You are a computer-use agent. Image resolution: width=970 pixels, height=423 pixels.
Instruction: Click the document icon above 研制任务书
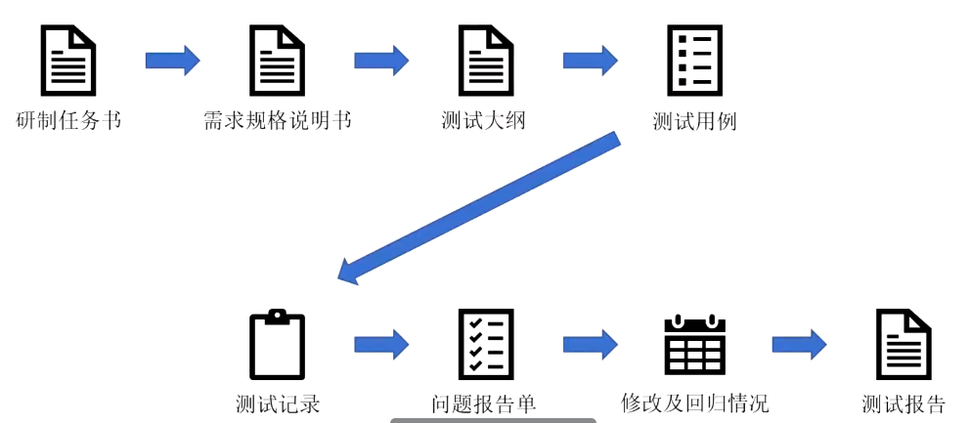coord(68,61)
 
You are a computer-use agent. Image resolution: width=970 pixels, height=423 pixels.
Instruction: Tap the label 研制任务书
coord(69,121)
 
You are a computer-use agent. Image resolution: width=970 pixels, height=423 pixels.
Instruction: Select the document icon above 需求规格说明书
coord(278,61)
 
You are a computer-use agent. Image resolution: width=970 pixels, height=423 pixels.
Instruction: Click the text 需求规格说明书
coord(278,121)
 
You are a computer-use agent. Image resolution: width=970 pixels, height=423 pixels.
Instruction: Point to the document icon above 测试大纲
coord(486,61)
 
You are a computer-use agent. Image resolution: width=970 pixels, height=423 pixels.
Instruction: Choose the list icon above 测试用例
coord(694,61)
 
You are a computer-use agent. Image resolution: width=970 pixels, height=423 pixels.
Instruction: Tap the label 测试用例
coord(694,121)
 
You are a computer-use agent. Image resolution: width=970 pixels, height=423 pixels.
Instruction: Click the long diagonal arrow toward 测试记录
coord(479,208)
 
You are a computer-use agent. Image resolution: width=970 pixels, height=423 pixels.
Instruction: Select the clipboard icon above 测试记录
coord(278,344)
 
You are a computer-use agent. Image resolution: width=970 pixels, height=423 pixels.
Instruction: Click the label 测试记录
coord(278,403)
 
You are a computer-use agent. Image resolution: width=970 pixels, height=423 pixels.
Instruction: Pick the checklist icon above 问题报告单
coord(486,344)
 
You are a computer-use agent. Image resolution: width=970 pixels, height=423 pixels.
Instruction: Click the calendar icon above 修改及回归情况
coord(694,344)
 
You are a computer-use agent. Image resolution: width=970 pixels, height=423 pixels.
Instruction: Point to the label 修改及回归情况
coord(694,403)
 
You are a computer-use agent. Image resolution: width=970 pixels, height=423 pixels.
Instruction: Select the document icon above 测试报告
coord(904,344)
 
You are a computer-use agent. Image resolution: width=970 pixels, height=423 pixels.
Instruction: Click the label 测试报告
coord(904,403)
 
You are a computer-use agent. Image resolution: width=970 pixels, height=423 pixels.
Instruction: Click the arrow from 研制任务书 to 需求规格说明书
coord(173,61)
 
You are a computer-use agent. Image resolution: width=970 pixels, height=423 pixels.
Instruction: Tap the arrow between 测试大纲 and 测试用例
coord(590,61)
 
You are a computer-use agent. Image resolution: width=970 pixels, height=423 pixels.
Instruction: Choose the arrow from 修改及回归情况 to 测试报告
coord(799,344)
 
